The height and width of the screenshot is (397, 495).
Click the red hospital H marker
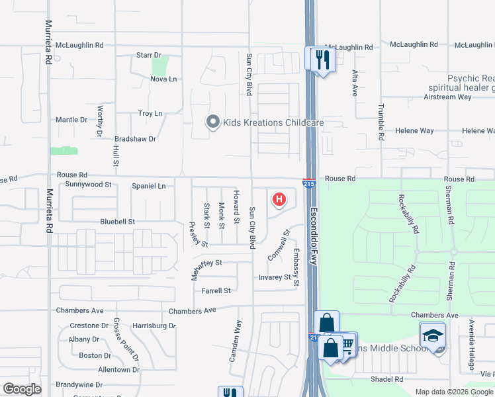point(279,198)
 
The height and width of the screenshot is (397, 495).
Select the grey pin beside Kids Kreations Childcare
point(212,122)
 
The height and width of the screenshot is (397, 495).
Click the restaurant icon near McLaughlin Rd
point(322,60)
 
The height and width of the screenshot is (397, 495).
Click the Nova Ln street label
point(163,79)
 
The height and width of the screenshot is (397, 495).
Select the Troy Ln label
point(150,114)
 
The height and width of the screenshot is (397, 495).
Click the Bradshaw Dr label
point(135,139)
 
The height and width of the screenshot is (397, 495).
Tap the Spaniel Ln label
point(148,187)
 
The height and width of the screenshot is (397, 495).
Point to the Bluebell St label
point(118,222)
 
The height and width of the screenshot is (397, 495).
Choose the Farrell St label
point(216,290)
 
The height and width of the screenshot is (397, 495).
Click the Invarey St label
point(275,278)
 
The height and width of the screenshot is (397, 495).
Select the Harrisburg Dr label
point(154,326)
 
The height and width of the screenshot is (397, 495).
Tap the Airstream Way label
point(447,97)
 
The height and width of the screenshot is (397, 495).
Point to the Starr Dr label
point(149,56)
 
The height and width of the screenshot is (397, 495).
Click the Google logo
point(22,389)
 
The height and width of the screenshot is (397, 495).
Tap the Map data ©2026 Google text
point(453,392)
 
